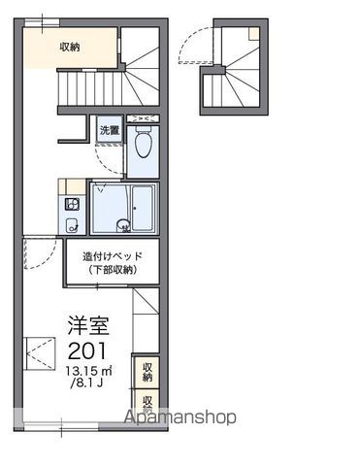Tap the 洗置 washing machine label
click(110, 130)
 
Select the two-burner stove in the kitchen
click(72, 205)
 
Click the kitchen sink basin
click(72, 225)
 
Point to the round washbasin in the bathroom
click(123, 225)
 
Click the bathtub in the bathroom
click(143, 208)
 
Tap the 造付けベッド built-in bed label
click(113, 256)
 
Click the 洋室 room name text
click(88, 325)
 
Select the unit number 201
click(87, 350)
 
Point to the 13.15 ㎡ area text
click(88, 371)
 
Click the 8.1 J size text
click(86, 383)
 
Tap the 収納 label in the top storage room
click(70, 48)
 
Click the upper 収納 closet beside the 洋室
click(147, 372)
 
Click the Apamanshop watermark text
click(180, 416)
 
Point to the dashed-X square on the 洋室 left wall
click(40, 353)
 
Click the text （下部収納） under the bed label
click(113, 270)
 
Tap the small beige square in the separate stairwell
click(254, 33)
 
